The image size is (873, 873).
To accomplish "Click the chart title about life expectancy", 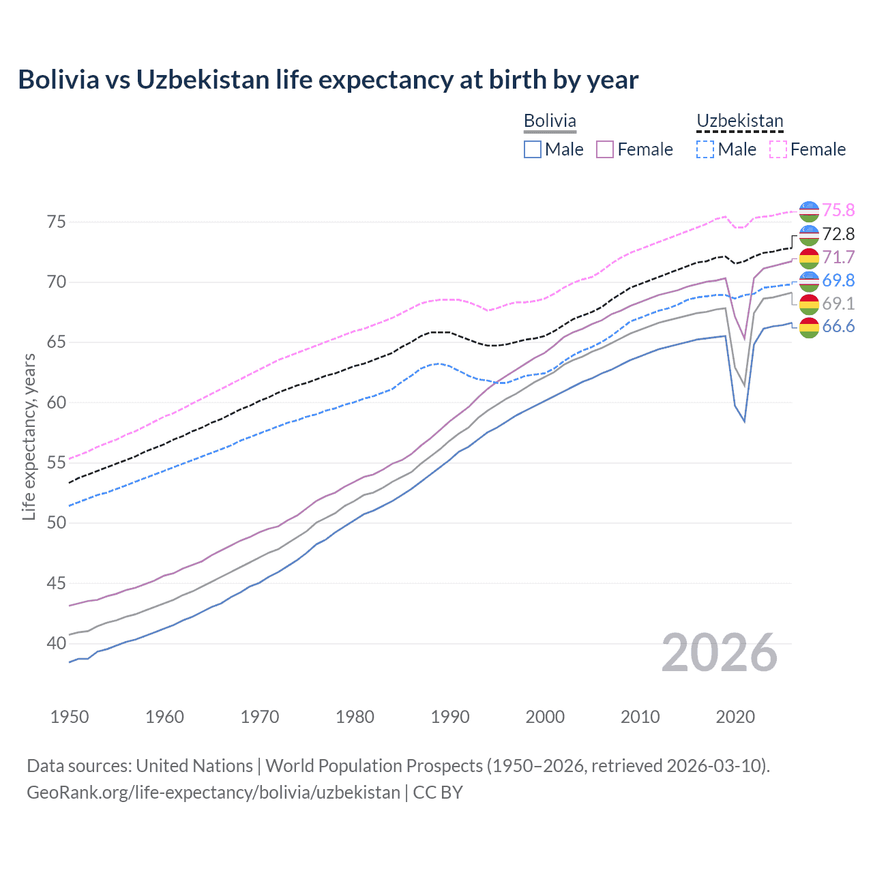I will [328, 80].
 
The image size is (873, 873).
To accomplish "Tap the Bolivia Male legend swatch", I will [533, 149].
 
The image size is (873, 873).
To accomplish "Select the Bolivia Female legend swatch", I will [605, 149].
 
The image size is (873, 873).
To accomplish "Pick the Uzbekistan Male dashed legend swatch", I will [705, 149].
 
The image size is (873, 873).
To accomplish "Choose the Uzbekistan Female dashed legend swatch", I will [778, 149].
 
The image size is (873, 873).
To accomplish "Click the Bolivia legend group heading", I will [550, 121].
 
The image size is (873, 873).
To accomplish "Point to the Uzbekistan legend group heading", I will [739, 121].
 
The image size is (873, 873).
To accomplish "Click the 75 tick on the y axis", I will [57, 222].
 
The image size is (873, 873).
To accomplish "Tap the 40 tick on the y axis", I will [57, 643].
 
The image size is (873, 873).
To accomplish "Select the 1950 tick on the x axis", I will [70, 717].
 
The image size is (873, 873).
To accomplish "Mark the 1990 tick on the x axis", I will [450, 717].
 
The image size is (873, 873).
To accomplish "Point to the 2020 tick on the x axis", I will [735, 717].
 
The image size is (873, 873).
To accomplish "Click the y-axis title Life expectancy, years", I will [29, 436].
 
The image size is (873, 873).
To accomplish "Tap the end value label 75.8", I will [838, 210].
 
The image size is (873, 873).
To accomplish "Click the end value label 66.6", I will [838, 327].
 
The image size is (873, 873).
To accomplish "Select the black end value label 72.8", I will [838, 234].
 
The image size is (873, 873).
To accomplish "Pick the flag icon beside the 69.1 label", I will [809, 304].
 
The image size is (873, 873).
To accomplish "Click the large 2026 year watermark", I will [720, 653].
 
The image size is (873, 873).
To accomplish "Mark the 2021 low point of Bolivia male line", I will [745, 421].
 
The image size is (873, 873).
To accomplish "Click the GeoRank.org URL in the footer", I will [213, 793].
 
